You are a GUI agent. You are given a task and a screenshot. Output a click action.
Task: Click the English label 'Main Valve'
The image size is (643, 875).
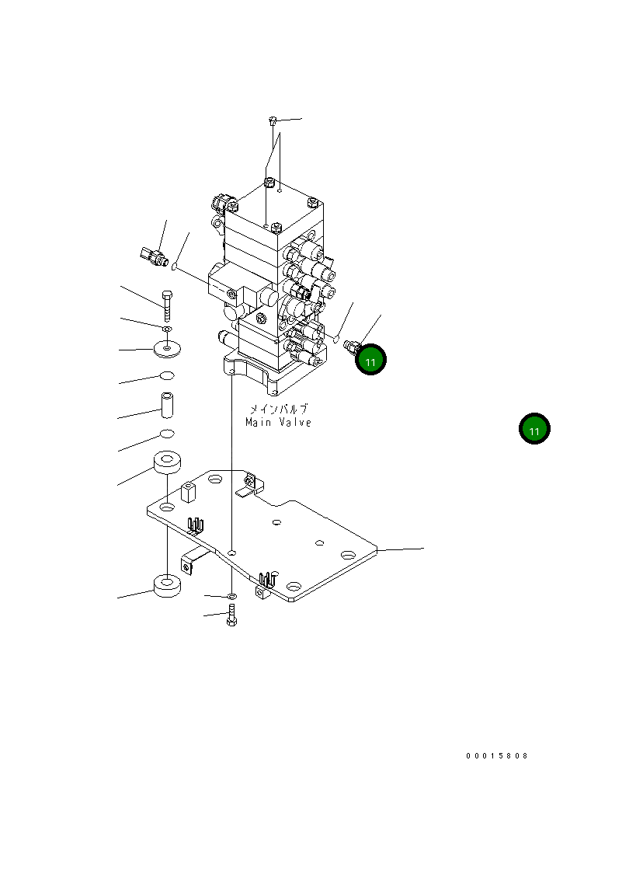(278, 423)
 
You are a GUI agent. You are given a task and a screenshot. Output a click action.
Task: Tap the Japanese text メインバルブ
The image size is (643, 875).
(278, 409)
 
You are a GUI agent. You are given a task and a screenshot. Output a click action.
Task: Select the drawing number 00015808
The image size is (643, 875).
(497, 755)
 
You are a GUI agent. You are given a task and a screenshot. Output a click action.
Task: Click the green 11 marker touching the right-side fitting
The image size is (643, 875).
(370, 361)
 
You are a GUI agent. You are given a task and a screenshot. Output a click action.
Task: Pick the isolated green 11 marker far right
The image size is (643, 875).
(534, 430)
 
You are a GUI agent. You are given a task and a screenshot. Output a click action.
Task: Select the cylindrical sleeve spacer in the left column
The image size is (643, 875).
(167, 405)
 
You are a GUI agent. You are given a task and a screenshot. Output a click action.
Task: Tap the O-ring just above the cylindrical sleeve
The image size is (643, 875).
(166, 377)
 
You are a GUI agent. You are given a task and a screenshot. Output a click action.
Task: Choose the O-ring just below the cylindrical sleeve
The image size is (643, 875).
(167, 433)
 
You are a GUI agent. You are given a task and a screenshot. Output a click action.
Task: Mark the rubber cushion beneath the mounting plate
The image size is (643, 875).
(167, 585)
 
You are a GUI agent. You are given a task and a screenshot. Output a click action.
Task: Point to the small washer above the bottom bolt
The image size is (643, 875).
(231, 595)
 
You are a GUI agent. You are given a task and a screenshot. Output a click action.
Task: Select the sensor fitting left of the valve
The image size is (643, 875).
(152, 256)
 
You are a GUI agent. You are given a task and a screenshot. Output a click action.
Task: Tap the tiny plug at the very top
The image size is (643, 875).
(273, 120)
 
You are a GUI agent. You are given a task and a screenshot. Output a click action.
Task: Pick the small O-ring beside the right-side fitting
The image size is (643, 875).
(335, 339)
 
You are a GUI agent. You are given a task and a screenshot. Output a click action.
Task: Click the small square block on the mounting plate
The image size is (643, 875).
(186, 491)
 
